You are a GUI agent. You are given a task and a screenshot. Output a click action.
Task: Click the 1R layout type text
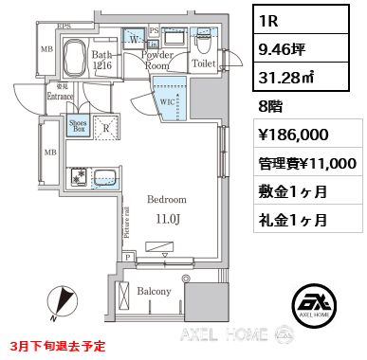274,19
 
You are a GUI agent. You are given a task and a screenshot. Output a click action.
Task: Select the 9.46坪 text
289,49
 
